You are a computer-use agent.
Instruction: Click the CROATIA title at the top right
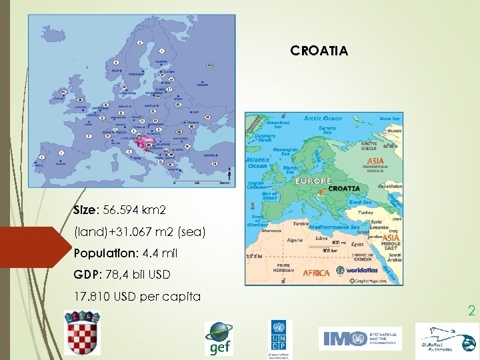click(319, 50)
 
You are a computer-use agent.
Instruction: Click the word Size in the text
click(85, 211)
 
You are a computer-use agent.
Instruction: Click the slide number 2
click(471, 311)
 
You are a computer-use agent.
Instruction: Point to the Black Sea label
click(361, 201)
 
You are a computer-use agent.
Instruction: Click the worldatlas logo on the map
click(360, 271)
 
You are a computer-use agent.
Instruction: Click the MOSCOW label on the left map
click(202, 85)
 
